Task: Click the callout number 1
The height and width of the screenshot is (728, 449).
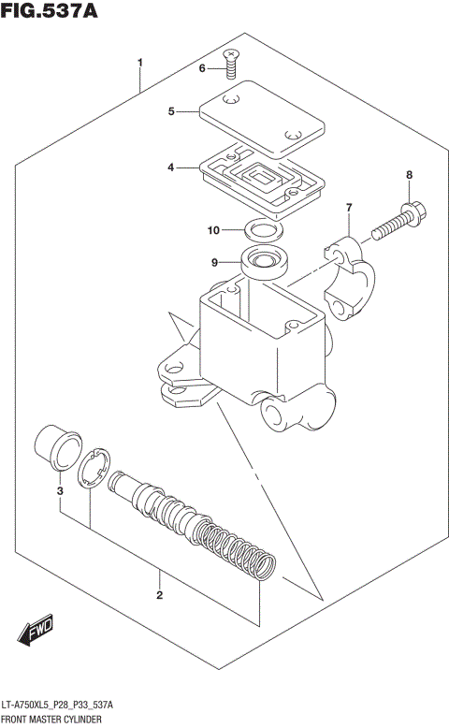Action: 139,64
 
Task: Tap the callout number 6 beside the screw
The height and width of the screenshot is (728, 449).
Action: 200,67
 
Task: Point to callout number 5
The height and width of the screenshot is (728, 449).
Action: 171,111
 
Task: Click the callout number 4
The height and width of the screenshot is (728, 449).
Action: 171,167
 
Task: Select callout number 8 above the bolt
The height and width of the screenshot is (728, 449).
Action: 408,175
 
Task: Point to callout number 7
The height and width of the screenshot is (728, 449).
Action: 348,207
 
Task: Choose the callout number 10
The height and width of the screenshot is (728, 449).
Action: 214,229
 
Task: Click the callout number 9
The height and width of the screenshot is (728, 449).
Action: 213,263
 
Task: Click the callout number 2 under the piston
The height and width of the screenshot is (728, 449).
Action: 159,595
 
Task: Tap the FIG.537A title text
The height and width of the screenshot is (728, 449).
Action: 50,13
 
